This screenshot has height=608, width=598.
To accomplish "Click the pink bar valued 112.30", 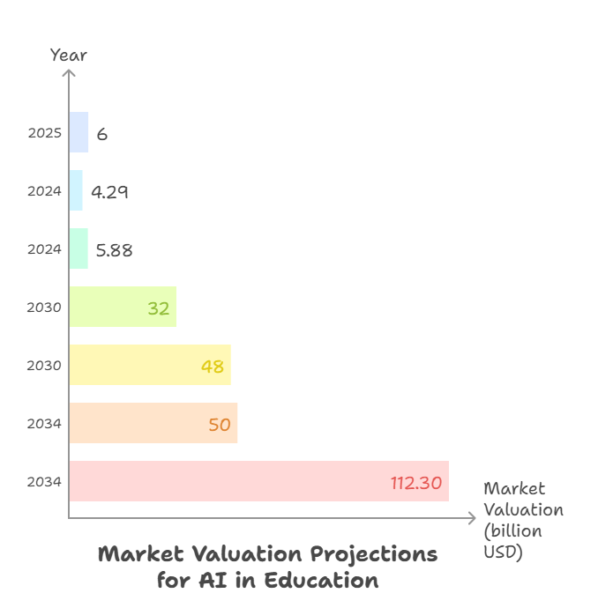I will click(258, 481).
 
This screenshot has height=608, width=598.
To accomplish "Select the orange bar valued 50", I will click(153, 423).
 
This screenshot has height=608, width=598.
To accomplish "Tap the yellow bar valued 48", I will click(149, 365).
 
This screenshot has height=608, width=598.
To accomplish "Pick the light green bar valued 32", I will click(123, 307).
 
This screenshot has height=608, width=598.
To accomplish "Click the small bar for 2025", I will click(78, 132).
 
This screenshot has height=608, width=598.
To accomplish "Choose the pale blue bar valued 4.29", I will click(76, 190).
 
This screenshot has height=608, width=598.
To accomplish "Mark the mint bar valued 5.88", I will click(78, 248).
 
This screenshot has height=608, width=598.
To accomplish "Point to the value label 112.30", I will click(416, 482).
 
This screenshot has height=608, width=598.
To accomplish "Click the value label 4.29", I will click(109, 191).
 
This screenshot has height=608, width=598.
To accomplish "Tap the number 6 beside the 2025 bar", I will click(102, 134).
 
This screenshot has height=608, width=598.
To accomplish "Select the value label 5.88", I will click(114, 249).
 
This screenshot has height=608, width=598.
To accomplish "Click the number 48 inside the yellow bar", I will click(213, 366).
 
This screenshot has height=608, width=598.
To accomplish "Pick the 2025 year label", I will click(44, 133).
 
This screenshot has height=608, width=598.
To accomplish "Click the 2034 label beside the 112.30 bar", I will click(44, 482).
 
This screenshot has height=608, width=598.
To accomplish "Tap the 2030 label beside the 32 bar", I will click(44, 308).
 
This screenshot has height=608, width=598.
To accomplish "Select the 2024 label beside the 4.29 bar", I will click(44, 191).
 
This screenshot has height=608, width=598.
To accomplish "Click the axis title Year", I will click(69, 55).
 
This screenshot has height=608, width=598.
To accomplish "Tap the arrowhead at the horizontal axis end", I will click(473, 518).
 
